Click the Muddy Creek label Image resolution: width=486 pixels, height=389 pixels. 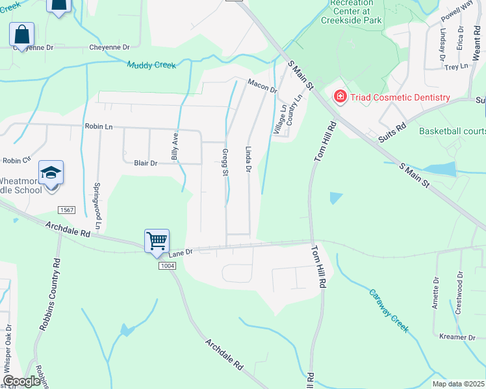(x=151, y=65)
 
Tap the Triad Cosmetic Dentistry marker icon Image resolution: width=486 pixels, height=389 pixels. (x=339, y=97)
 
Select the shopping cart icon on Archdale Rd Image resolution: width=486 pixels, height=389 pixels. (x=157, y=241)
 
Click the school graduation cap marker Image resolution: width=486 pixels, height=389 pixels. (x=51, y=172)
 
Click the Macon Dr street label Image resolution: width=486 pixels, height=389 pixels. (x=262, y=85)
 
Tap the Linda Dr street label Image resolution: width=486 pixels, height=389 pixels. (x=248, y=159)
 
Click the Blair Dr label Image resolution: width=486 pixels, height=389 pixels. (x=146, y=163)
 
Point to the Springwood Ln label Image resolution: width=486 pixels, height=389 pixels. (x=97, y=210)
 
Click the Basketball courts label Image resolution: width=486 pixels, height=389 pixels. (x=452, y=131)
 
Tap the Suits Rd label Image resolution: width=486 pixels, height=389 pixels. (x=391, y=133)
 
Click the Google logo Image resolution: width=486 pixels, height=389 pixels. (x=21, y=381)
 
